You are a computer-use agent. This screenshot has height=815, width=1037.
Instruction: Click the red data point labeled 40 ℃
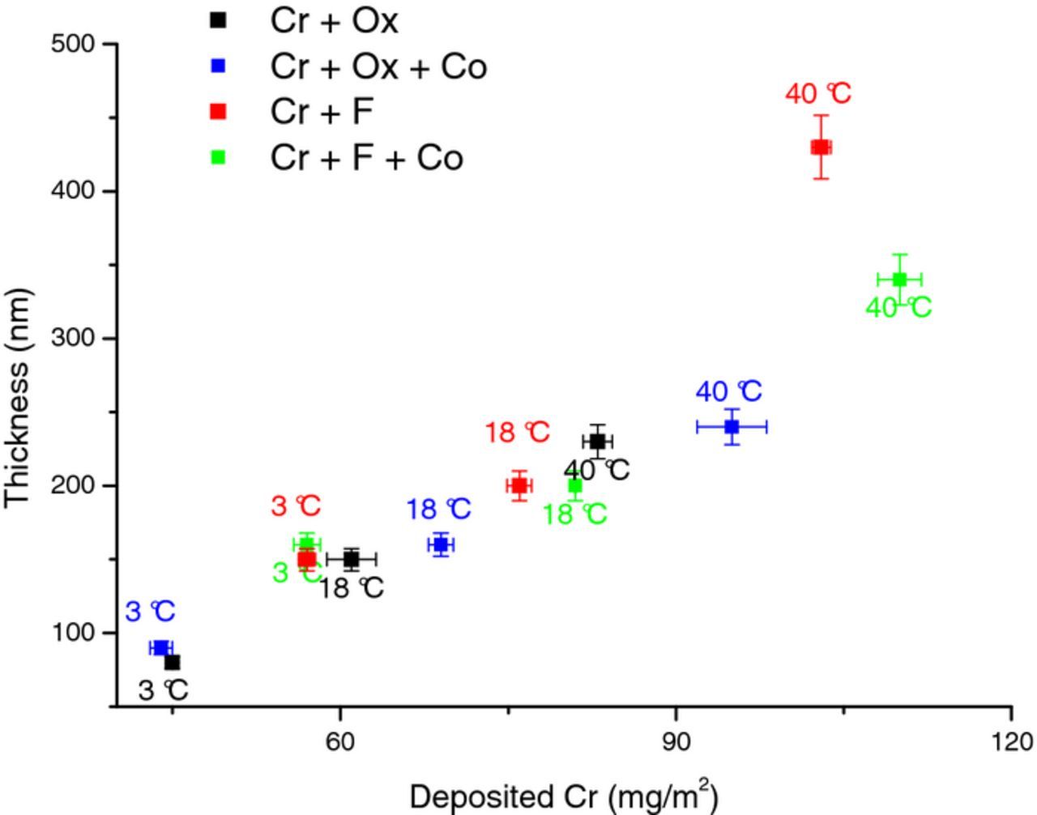coord(821,147)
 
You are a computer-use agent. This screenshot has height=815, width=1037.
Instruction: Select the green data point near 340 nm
coord(899,279)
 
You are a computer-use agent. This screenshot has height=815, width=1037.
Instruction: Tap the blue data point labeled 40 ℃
coord(732,427)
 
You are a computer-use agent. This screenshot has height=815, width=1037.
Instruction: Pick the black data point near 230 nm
coord(597,442)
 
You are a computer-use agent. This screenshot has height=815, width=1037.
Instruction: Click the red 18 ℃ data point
coord(519,486)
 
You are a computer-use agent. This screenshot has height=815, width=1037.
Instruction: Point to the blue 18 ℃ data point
coord(441,544)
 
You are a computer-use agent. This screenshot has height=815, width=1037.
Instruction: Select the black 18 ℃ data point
coord(351,559)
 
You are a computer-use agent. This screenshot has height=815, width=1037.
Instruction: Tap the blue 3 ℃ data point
coord(160,648)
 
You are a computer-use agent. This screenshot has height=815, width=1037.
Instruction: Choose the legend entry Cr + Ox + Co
coord(378,66)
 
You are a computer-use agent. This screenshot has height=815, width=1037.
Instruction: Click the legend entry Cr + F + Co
coord(366,157)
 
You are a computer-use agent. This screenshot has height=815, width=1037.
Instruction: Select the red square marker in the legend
coord(218,112)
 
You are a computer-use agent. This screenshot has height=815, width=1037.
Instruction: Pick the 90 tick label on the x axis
coord(676,741)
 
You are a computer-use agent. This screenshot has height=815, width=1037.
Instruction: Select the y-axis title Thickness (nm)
coord(18,397)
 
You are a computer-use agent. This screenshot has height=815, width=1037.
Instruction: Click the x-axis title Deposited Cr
coord(564,796)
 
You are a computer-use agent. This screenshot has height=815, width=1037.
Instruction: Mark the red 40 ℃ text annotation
coord(818,94)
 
